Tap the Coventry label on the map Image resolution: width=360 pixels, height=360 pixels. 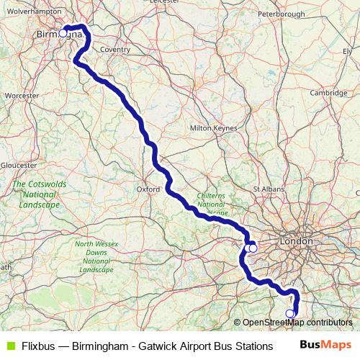(115, 50)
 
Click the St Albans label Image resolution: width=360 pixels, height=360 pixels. (268, 189)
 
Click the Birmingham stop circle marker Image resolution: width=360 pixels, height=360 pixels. (63, 33)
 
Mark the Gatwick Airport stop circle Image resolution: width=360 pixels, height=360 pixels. (290, 313)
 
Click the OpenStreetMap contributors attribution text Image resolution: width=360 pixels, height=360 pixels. (297, 323)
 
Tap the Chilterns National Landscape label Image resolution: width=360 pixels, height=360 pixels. (210, 204)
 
